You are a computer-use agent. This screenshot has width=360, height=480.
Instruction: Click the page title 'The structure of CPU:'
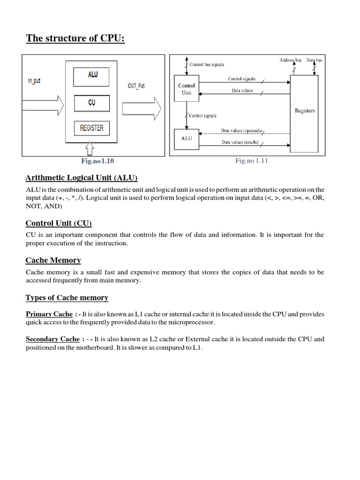click(x=75, y=38)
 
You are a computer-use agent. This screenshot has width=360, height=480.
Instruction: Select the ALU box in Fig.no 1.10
click(x=92, y=75)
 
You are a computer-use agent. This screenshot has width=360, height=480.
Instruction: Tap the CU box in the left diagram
click(x=91, y=103)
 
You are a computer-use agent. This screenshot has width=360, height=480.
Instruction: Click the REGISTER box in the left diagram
click(x=92, y=128)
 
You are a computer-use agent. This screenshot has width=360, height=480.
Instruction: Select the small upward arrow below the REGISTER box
click(x=90, y=150)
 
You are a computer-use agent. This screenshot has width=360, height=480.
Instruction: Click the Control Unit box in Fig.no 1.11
click(x=186, y=89)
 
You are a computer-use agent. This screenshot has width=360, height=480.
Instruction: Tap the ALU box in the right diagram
click(x=186, y=139)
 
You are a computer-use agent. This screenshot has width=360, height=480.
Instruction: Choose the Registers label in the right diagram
click(x=305, y=111)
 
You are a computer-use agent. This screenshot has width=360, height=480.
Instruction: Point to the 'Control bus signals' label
click(x=208, y=64)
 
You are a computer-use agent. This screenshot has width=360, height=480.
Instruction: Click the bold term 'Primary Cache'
click(x=49, y=314)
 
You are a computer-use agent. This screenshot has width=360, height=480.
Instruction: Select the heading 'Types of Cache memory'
click(x=67, y=298)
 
